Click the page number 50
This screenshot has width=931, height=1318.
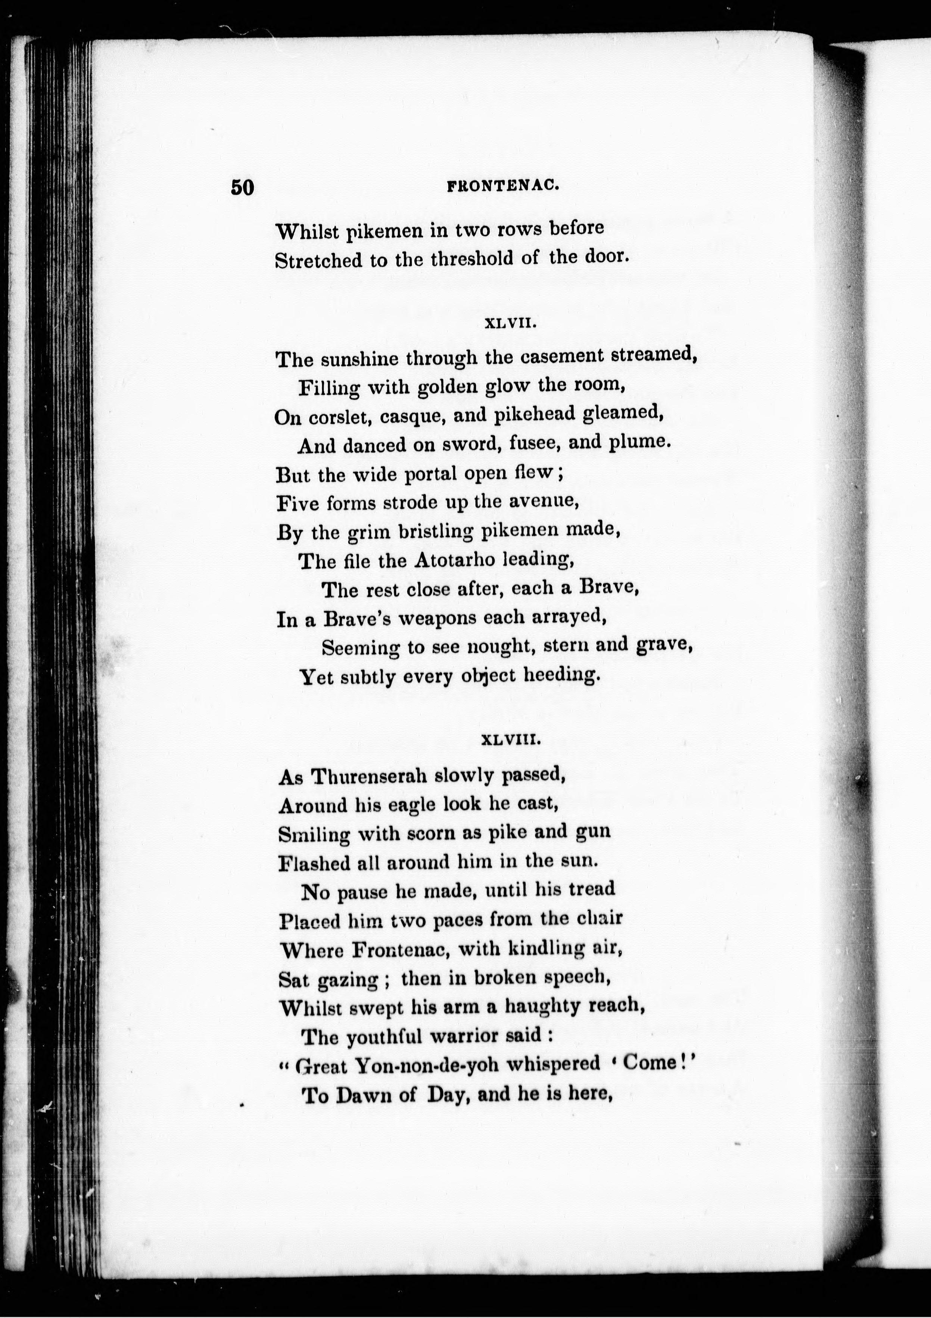coord(242,187)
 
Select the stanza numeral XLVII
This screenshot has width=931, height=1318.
coord(510,324)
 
